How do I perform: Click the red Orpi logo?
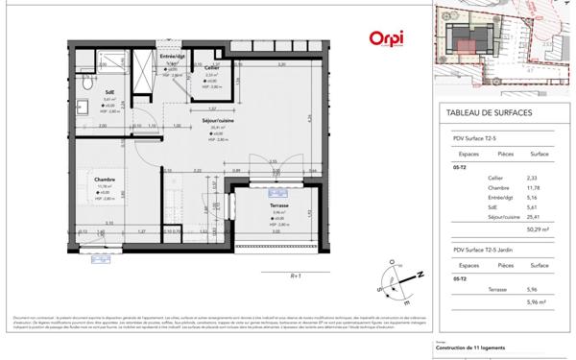386,38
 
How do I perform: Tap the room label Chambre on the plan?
105,179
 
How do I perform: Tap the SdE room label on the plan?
109,92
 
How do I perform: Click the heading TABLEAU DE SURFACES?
490,112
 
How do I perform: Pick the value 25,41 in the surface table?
539,216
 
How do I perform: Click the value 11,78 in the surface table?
539,188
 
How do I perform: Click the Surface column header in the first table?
539,152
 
